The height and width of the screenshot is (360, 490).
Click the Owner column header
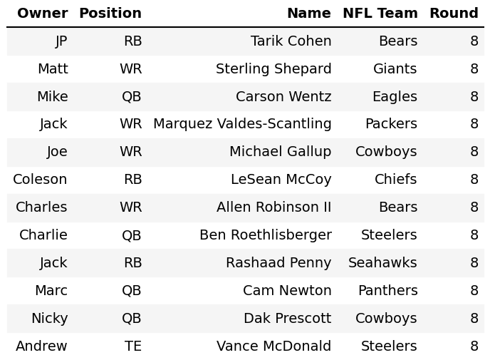[x=42, y=14]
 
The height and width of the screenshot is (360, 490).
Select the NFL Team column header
[x=380, y=14]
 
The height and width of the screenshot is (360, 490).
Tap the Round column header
[x=453, y=14]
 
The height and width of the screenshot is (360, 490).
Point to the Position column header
[x=110, y=14]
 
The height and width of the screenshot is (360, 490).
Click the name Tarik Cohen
[x=291, y=41]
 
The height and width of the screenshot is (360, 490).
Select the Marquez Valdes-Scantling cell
[x=242, y=124]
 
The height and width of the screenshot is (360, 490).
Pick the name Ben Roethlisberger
[x=265, y=235]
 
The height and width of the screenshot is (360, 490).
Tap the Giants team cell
[x=395, y=69]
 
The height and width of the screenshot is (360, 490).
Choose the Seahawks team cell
[x=382, y=263]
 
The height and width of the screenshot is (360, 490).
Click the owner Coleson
[x=40, y=180]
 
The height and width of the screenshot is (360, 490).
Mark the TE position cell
[x=132, y=346]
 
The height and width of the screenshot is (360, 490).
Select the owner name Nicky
[x=49, y=319]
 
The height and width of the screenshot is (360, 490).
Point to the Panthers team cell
[x=387, y=291]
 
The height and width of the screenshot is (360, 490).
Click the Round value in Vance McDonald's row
[x=474, y=346]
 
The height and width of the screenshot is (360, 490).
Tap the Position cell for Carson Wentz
[x=131, y=97]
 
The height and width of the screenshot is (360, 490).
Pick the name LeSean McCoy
[x=281, y=180]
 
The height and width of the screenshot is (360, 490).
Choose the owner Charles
[x=41, y=207]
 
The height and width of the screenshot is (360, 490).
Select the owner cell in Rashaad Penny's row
[x=53, y=263]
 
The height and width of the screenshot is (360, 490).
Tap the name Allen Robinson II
[x=273, y=207]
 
